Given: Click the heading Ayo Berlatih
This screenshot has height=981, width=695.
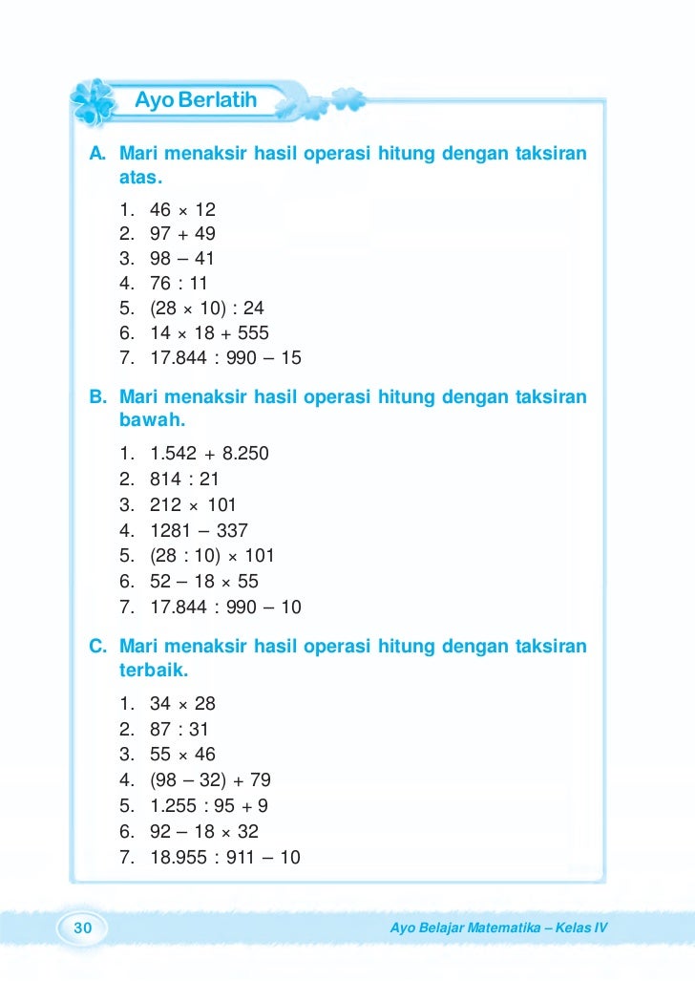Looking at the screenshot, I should point(196,99).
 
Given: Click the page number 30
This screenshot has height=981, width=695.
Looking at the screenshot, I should point(82,928).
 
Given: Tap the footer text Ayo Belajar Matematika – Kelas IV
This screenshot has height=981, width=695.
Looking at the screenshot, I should point(499,928).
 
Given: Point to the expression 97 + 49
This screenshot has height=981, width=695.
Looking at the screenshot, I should point(182,234).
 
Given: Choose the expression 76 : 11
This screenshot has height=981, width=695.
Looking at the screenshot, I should point(179,284).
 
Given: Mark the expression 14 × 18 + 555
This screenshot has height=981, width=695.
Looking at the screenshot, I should point(209,333).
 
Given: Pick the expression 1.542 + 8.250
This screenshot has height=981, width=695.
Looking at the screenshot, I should point(209,454).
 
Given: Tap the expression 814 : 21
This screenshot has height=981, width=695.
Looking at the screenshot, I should point(184,480).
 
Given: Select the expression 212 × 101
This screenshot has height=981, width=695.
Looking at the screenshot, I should point(193,504).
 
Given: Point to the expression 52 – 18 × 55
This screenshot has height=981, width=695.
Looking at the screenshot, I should point(204,581).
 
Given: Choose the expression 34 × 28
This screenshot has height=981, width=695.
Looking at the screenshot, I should point(183,704).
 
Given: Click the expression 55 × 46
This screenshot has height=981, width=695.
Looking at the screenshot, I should point(183,755).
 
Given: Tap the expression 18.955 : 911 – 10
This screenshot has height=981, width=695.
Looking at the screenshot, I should point(225,857).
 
